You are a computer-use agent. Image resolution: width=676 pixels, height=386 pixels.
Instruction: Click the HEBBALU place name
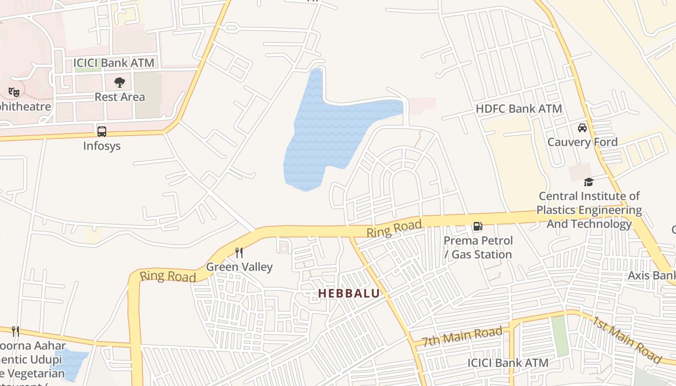(349, 293)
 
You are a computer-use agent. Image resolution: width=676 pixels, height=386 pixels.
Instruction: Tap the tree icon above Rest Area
(119, 83)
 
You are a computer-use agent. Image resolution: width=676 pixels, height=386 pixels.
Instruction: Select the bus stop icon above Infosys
(101, 131)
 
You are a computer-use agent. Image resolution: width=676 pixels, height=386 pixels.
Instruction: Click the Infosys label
(101, 146)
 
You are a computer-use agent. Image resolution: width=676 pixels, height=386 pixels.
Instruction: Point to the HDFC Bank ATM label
(519, 109)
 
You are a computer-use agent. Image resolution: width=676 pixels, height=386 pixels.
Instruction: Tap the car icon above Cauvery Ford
(582, 128)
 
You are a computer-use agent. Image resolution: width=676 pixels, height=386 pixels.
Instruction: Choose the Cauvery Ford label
(582, 142)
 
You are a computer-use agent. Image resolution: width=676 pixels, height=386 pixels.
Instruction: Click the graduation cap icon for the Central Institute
(589, 182)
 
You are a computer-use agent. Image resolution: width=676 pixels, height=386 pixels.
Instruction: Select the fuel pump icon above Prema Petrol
(477, 226)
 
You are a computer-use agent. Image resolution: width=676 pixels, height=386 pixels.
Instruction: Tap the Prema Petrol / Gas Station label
(478, 247)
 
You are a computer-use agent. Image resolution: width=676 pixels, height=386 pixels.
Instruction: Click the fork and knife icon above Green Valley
(239, 252)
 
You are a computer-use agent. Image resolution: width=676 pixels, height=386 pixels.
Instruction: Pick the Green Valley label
(239, 267)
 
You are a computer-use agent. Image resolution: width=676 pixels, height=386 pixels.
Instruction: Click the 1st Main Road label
(626, 340)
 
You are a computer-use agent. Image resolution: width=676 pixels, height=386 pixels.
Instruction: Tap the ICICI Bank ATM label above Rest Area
(113, 63)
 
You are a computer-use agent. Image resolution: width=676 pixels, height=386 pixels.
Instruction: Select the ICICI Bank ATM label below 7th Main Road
(508, 363)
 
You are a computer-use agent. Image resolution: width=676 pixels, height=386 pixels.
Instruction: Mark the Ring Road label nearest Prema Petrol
(394, 228)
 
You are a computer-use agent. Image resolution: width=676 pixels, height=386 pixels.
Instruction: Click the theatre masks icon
(14, 91)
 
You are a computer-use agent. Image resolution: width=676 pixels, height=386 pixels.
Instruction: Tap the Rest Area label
(119, 97)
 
